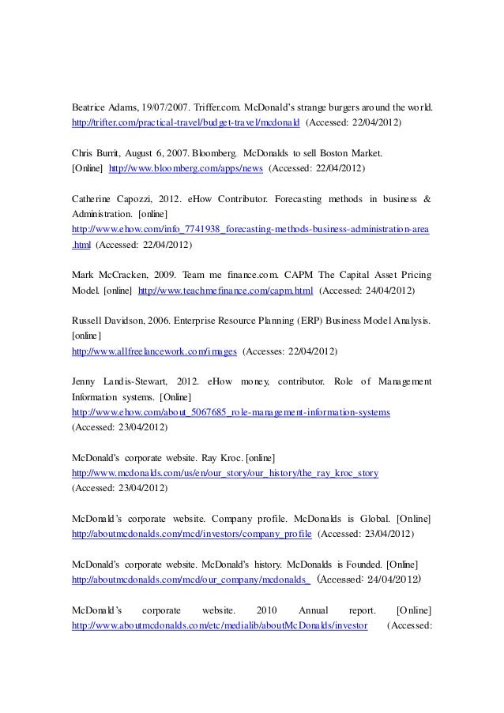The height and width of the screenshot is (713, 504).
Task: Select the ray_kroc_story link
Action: [x=225, y=474]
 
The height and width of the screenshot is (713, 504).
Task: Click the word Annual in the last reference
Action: [x=316, y=610]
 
